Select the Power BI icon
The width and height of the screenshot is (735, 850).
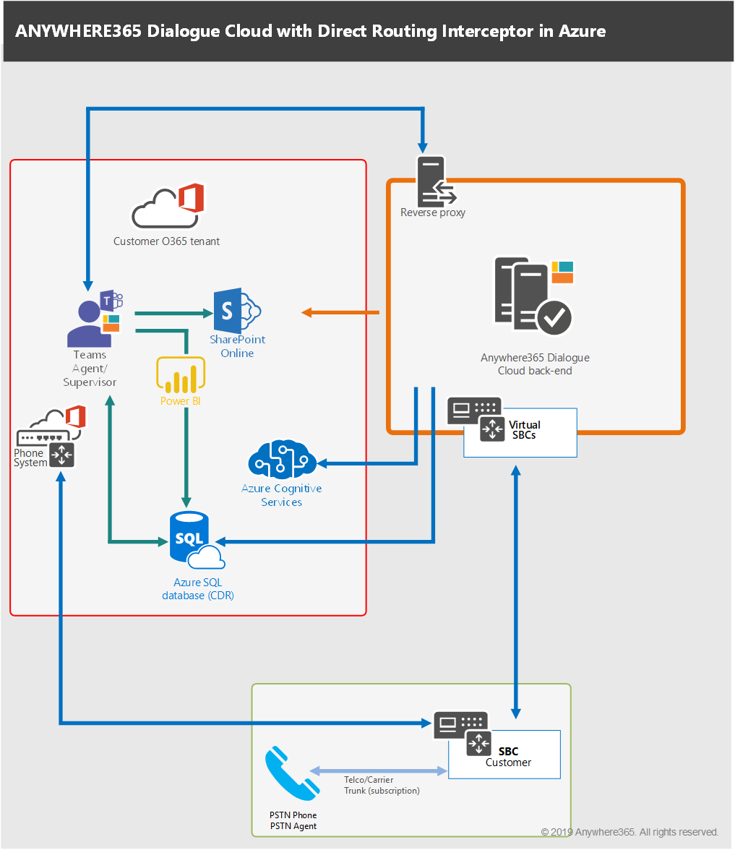point(178,376)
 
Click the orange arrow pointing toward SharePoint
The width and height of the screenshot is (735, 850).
point(340,312)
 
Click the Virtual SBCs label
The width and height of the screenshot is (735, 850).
point(525,430)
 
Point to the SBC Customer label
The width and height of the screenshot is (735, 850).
point(509,757)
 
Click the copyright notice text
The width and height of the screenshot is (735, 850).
point(629,832)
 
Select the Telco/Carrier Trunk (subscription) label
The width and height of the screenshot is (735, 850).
point(382,786)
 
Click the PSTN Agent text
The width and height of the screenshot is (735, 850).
point(293,826)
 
